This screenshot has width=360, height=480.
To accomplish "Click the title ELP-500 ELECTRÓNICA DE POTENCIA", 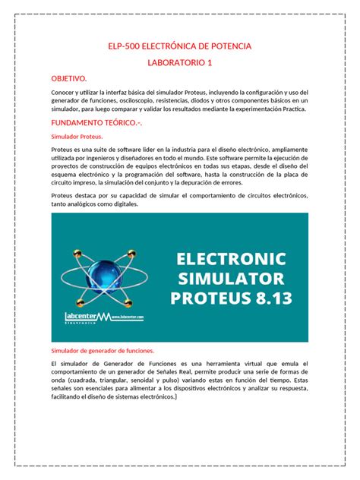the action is tap(179, 47).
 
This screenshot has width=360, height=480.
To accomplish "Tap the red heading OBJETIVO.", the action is tap(69, 78).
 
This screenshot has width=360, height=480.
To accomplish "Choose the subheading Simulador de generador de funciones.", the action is tap(102, 350).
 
